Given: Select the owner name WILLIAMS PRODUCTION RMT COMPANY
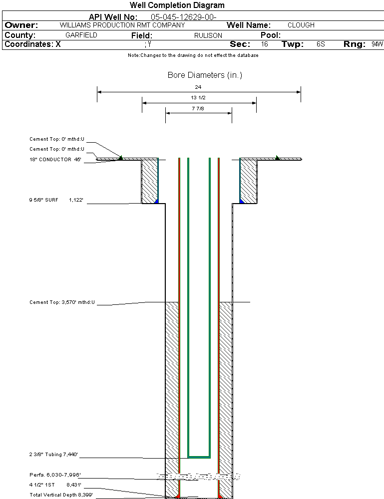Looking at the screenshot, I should click(x=122, y=25).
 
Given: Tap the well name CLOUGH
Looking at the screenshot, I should click(x=301, y=25).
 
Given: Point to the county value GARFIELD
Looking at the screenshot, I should click(x=81, y=35).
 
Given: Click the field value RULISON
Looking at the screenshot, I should click(x=208, y=35).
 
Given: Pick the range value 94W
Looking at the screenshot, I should click(x=377, y=44).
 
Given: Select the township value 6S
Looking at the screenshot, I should click(x=321, y=44).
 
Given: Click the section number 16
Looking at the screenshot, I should click(x=265, y=44).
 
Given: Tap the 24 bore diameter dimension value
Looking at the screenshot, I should click(x=199, y=87).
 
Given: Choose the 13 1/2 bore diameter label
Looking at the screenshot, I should click(x=199, y=98).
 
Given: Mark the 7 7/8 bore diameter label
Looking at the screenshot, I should click(x=199, y=108).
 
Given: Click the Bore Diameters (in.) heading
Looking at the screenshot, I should click(x=205, y=75).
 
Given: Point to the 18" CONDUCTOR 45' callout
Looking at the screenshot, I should click(x=55, y=160).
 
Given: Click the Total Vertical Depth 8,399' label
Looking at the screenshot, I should click(x=61, y=495).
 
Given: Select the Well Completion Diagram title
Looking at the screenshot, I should click(x=177, y=5).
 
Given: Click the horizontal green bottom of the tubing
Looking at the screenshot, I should click(x=199, y=457).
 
